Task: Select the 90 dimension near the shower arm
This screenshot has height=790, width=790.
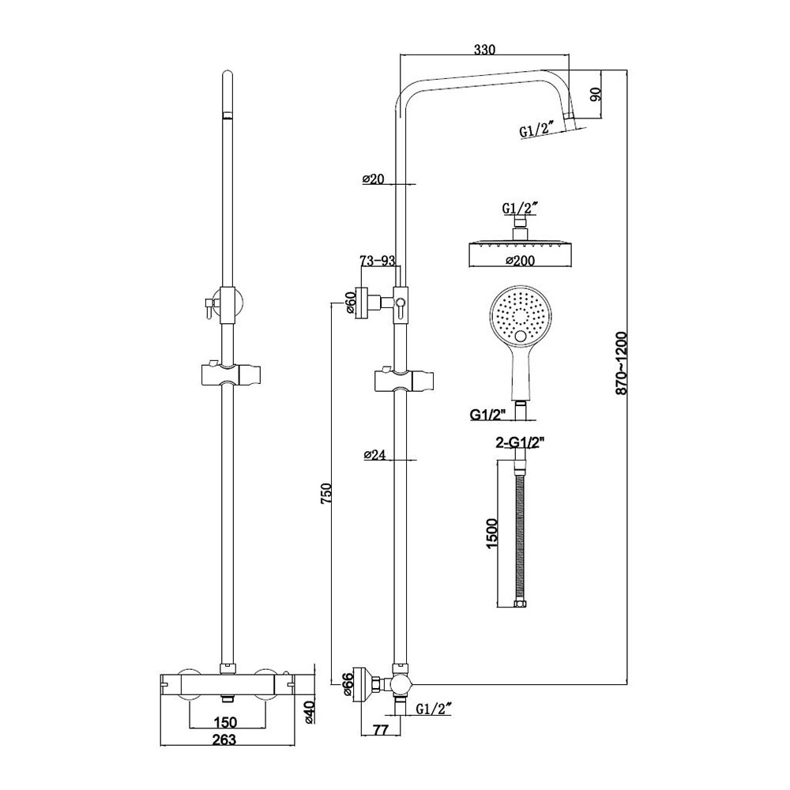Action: click(x=596, y=96)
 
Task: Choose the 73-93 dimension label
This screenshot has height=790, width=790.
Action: click(x=378, y=261)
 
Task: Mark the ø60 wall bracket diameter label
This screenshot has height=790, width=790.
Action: click(x=350, y=303)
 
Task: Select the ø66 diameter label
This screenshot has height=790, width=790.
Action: click(x=348, y=683)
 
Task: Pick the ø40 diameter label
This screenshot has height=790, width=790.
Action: click(x=310, y=713)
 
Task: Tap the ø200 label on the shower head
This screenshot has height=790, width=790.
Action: click(x=518, y=260)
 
